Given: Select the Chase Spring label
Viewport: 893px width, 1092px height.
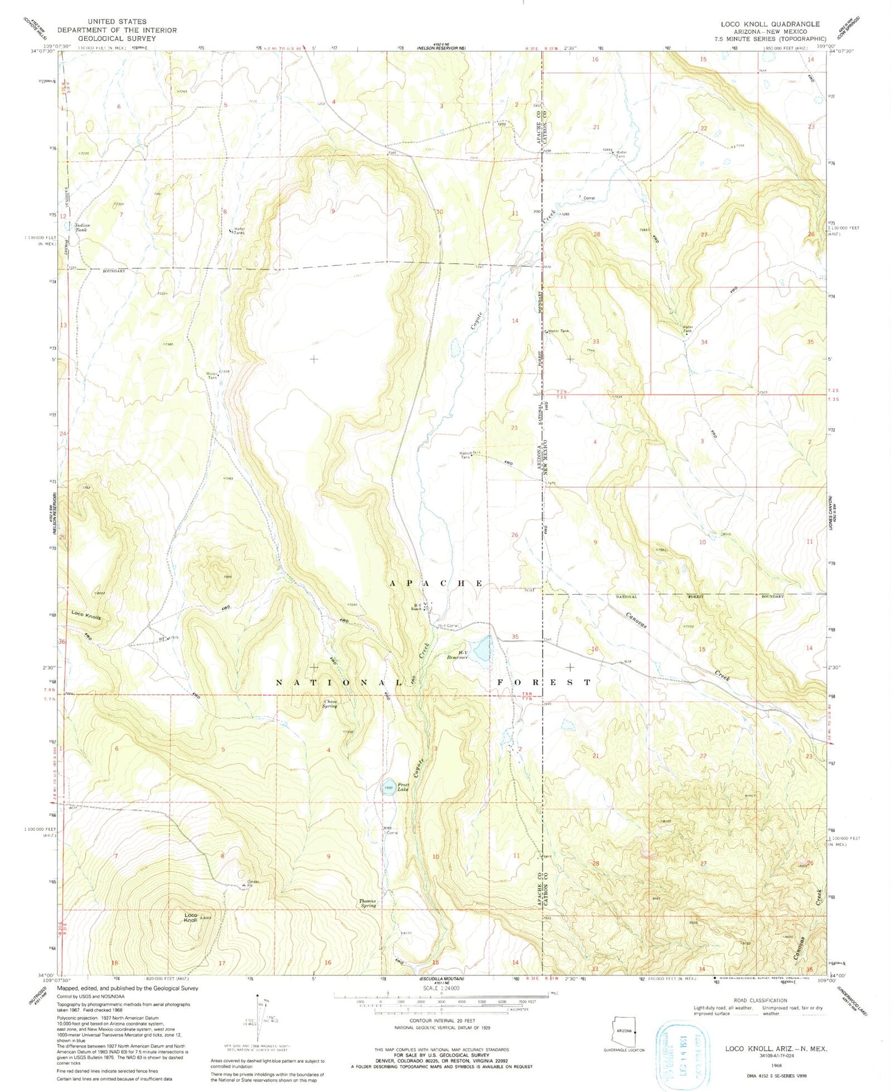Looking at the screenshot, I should tap(330, 703).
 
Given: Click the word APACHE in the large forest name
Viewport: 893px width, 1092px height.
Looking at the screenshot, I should tap(436, 583).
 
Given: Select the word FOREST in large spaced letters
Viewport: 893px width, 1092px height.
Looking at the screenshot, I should tap(544, 682).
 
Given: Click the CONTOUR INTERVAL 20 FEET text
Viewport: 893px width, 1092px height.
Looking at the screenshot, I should tap(441, 1022).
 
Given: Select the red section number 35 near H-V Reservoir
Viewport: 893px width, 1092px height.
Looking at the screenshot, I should tap(515, 637).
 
